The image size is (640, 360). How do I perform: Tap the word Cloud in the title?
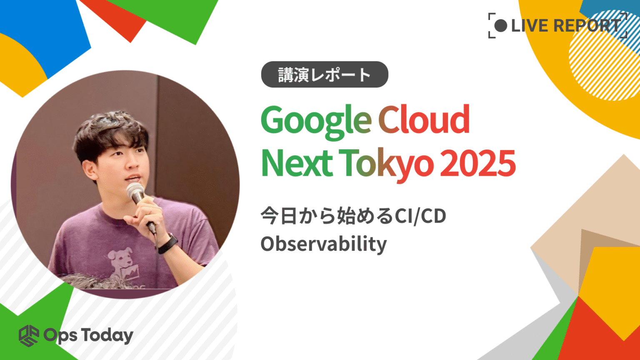click(x=424, y=120)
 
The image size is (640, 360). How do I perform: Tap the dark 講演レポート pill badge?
click(x=325, y=75)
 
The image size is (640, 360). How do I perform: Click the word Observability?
click(x=323, y=244)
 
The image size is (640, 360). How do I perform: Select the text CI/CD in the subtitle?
click(x=420, y=216)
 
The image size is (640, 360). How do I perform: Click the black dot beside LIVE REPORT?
click(x=500, y=26)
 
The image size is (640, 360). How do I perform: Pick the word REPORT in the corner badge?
click(x=587, y=26)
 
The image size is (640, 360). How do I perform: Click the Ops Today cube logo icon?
click(x=29, y=335)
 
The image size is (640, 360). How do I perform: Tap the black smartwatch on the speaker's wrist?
click(x=167, y=243)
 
